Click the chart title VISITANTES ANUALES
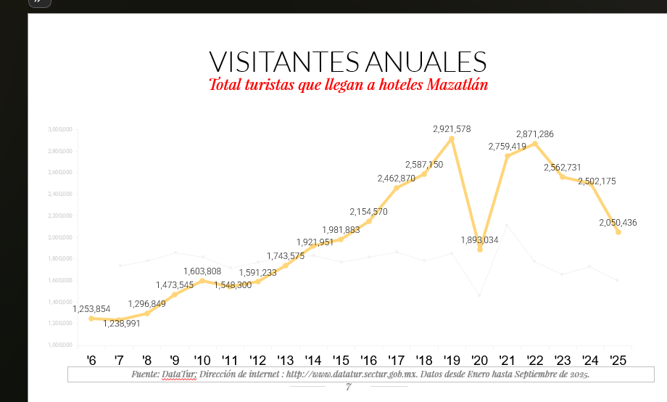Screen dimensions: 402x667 click(x=347, y=62)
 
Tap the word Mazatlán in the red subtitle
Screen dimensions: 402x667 click(x=457, y=85)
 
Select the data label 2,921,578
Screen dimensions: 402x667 click(x=452, y=129)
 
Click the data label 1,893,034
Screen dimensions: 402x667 click(x=479, y=239)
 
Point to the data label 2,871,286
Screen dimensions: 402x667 click(x=535, y=134)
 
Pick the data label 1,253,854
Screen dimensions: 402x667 click(x=91, y=309)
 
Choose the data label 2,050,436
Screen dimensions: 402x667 click(x=618, y=223)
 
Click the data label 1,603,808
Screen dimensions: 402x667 click(x=202, y=271)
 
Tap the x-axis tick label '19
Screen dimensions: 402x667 click(x=452, y=360)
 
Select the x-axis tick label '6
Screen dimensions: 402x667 click(x=91, y=360)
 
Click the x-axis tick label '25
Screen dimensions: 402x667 click(x=618, y=360)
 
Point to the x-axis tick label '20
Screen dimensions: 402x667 click(x=479, y=360)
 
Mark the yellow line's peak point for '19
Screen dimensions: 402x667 click(x=452, y=138)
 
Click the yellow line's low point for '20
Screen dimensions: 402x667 click(x=479, y=249)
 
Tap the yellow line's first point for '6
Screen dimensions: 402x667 click(x=91, y=319)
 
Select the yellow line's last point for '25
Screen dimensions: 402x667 click(x=618, y=232)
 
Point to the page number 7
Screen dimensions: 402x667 click(x=348, y=387)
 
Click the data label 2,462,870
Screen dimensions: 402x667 click(x=396, y=179)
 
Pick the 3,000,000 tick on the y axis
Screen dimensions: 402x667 click(x=61, y=129)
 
